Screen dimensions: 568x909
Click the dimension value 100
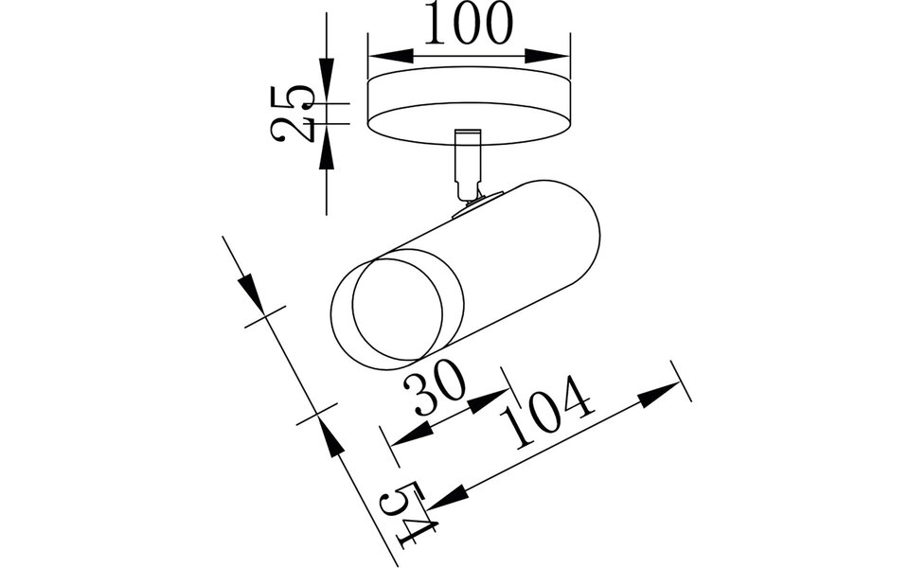(468, 26)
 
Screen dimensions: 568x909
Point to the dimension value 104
(553, 413)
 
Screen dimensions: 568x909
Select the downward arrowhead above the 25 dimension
(327, 76)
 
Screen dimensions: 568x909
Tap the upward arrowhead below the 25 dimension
(327, 150)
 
